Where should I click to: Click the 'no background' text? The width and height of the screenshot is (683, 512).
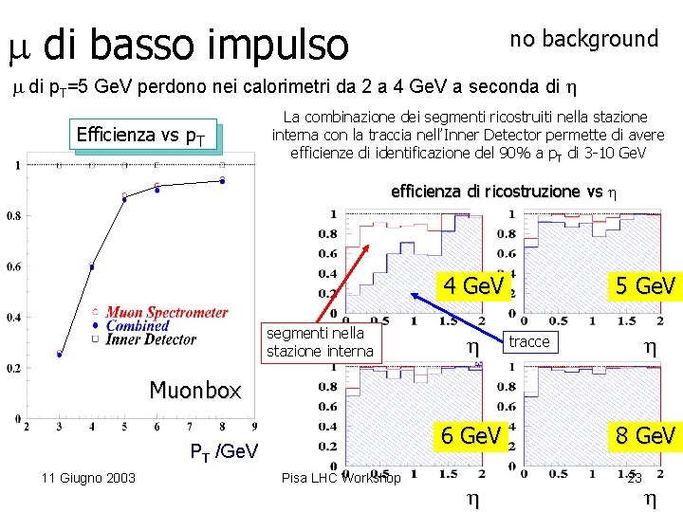pos(583,39)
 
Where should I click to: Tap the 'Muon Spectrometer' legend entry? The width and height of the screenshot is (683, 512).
pos(166,312)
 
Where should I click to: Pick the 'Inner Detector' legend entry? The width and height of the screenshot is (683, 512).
pos(151,338)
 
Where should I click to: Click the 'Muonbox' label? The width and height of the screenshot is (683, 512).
pos(195,390)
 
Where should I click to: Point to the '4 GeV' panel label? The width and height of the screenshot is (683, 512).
pos(473,285)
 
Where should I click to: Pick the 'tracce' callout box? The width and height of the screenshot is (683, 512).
pos(529,341)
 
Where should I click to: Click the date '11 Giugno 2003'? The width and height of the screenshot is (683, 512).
pos(87,477)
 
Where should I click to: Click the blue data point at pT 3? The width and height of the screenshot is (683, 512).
pos(59,355)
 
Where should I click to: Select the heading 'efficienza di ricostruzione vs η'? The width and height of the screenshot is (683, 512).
pos(504,192)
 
